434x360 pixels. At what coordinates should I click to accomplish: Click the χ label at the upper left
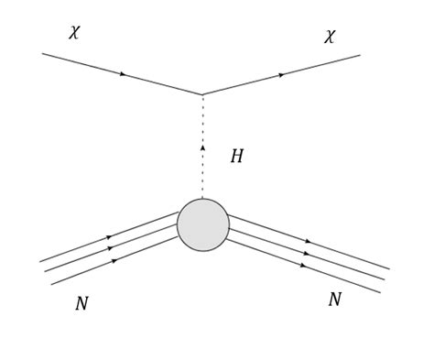pos(74,33)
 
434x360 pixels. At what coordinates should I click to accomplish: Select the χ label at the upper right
pos(330,37)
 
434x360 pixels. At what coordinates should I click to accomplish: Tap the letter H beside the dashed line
pos(236,157)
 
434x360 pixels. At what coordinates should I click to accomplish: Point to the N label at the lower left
pos(81,304)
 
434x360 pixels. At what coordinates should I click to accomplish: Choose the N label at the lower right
pos(334,300)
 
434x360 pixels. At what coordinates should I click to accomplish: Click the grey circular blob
pos(203,224)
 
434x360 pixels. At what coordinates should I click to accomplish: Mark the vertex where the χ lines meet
pos(202,93)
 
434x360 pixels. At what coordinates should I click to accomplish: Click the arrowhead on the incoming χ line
pos(123,73)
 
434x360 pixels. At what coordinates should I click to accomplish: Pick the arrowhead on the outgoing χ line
pos(281,75)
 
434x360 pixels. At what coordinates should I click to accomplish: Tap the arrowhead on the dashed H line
pos(202,147)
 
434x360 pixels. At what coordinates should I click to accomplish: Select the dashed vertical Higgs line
pos(202,174)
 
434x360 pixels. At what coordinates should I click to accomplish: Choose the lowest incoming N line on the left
pos(82,272)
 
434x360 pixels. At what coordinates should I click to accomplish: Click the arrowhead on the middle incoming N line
pos(110,248)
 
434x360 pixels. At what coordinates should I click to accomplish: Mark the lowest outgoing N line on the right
pos(339,278)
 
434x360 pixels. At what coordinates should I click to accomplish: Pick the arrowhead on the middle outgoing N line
pos(308,254)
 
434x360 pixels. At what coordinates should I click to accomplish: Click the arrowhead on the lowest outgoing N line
pos(303,266)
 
